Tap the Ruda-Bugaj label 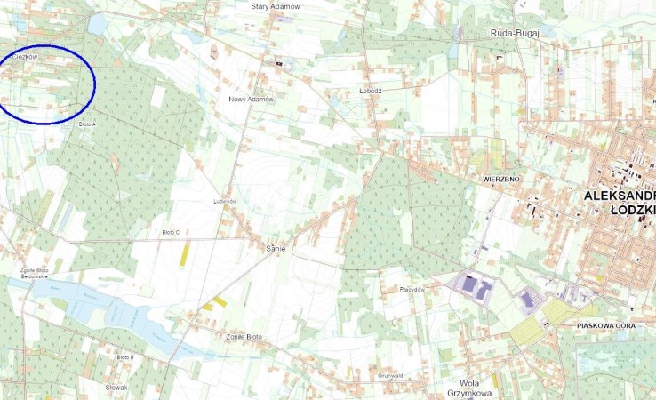coord(513,33)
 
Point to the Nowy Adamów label coord(252,100)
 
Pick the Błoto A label coord(87,124)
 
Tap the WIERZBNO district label coord(500,179)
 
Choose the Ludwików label coord(226,202)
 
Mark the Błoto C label coord(171,232)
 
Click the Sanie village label coord(276,248)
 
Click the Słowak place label coord(117,388)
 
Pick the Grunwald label coord(391,375)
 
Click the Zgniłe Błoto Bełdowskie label coord(33,273)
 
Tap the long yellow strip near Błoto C coord(185,253)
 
